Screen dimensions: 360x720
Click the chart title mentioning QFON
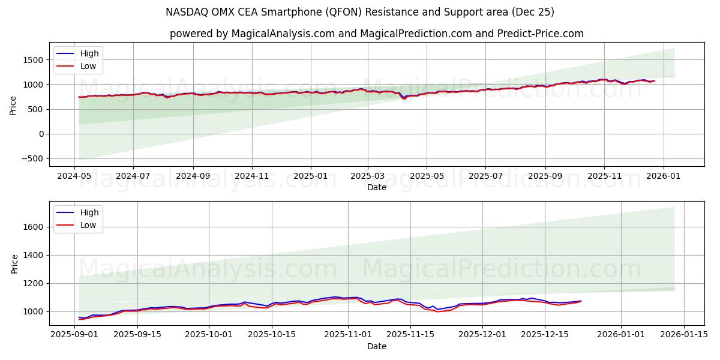[x=360, y=12]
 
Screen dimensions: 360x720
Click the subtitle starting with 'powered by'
[x=376, y=34]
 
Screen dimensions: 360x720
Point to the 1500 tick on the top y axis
[x=34, y=60]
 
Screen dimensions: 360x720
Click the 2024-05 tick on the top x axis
[x=74, y=176]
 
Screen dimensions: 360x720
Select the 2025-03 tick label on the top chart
[x=368, y=176]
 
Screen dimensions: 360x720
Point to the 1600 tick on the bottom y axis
[x=34, y=227]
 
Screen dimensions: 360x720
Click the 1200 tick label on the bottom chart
[x=34, y=283]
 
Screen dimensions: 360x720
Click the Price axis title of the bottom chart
[x=15, y=263]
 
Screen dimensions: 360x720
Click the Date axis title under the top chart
[x=377, y=187]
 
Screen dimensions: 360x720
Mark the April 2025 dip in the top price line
[x=404, y=98]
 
